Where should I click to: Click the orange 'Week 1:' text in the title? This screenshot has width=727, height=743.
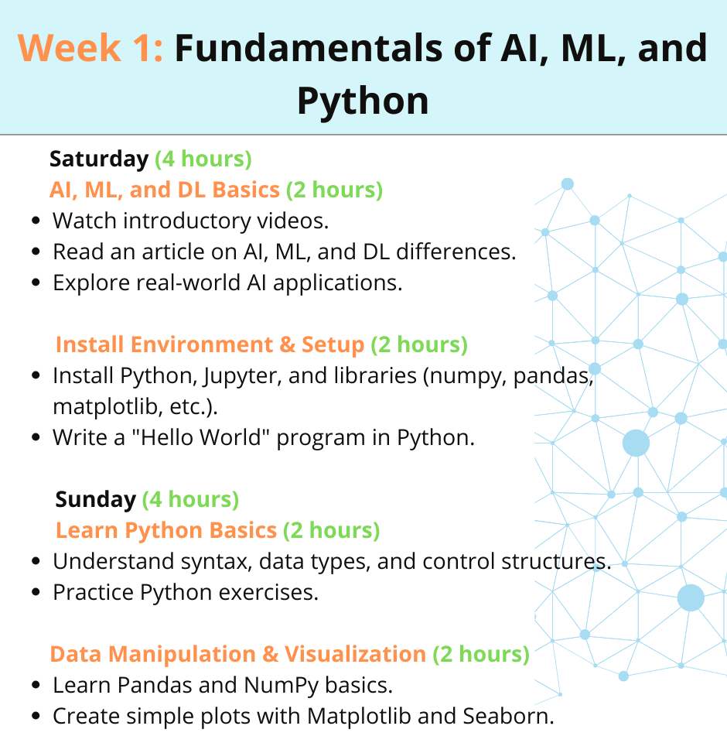[x=90, y=48]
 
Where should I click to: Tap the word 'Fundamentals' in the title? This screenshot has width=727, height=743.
[x=309, y=48]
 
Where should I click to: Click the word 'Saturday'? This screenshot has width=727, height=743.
[x=99, y=159]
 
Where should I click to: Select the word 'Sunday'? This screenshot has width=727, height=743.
[x=96, y=499]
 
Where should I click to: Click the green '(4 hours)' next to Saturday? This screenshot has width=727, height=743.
[x=203, y=159]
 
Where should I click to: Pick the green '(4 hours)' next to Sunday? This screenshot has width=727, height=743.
[x=191, y=499]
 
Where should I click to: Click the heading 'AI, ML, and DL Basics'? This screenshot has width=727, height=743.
[x=165, y=190]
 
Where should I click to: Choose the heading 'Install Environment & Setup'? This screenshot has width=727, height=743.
[x=210, y=344]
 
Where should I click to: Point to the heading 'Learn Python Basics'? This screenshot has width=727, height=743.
[x=166, y=530]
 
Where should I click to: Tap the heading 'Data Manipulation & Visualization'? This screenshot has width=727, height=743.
[x=238, y=655]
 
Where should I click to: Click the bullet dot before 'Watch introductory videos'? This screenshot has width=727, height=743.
[x=36, y=221]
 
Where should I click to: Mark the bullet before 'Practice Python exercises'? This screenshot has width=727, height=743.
[x=36, y=592]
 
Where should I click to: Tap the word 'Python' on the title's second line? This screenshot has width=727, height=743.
[x=363, y=102]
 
